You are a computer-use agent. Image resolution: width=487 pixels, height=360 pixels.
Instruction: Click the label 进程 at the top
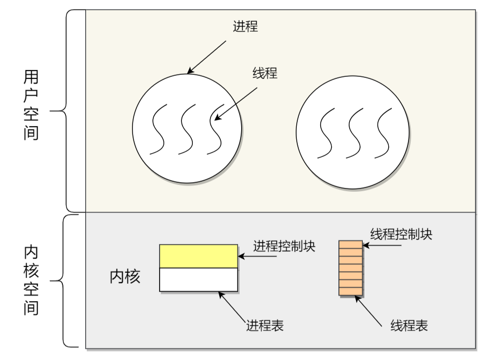pos(245,26)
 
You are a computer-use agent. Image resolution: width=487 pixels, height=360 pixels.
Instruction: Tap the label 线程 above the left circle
pos(265,73)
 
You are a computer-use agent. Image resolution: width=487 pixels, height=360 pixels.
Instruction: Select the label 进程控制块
pos(284,246)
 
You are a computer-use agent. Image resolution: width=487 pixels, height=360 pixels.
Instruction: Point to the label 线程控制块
pos(401,234)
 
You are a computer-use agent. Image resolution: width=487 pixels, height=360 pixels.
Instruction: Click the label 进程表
pos(265,326)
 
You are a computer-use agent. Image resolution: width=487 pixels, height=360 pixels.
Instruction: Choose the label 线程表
pos(409,326)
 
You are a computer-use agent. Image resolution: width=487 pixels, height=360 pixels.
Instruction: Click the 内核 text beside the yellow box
pos(125,276)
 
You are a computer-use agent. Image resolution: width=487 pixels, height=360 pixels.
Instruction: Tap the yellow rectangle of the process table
pos(199,256)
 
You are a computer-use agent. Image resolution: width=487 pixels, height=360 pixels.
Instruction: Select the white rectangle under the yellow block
pos(199,279)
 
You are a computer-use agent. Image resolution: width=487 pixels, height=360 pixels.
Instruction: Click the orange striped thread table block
pos(350,268)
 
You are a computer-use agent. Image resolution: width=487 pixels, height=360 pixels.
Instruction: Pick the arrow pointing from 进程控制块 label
pos(245,256)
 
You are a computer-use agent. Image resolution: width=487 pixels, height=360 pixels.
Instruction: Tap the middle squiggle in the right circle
pos(355,132)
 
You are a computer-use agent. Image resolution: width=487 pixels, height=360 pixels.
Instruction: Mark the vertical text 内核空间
pos(32,281)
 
